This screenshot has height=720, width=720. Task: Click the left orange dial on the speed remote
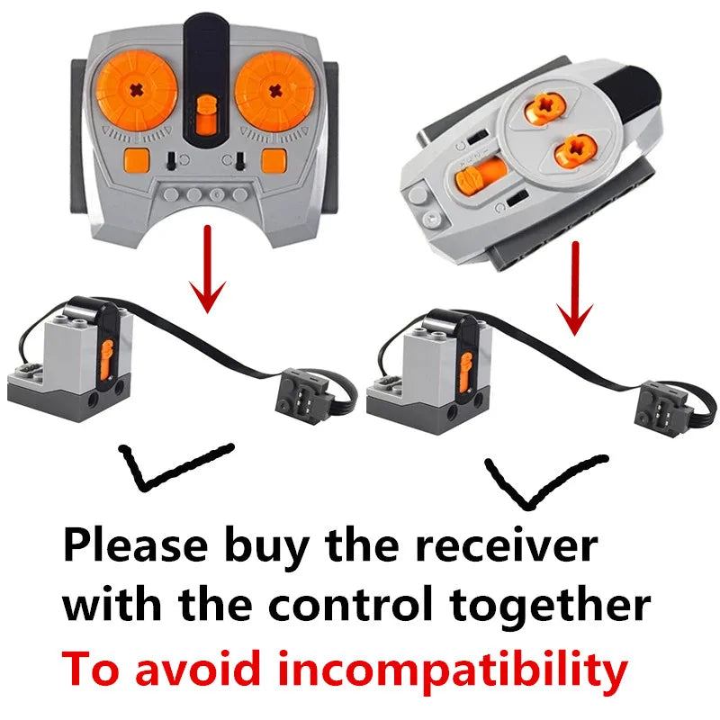tap(137, 91)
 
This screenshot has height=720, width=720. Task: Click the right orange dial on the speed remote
tap(275, 91)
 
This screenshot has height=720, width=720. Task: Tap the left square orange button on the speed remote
tap(137, 160)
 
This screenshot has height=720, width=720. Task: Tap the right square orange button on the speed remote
tap(274, 160)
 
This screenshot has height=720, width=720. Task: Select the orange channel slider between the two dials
tap(206, 115)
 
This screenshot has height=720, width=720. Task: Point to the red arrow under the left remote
tap(208, 269)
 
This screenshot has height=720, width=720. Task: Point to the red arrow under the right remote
tap(575, 289)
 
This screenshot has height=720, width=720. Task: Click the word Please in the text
tap(136, 545)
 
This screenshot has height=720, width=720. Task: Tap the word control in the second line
tap(351, 603)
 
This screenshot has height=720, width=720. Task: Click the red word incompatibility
tap(453, 670)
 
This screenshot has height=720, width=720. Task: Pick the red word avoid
tap(197, 668)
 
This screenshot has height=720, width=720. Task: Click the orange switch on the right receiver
tap(465, 372)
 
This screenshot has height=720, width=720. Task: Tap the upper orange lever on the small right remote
tap(545, 108)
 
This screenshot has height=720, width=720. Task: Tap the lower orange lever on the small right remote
tap(575, 150)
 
